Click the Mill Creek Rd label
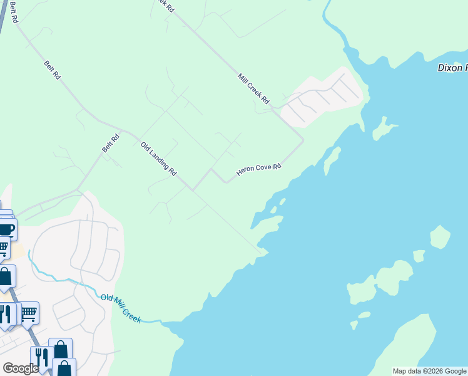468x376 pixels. pyautogui.click(x=253, y=88)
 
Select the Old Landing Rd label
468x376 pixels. pyautogui.click(x=159, y=159)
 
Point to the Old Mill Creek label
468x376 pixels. pyautogui.click(x=121, y=307)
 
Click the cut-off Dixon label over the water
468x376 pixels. pyautogui.click(x=452, y=68)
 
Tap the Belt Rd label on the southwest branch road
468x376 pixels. pyautogui.click(x=110, y=145)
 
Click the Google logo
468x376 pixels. pyautogui.click(x=20, y=368)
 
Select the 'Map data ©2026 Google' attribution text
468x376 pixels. pyautogui.click(x=430, y=371)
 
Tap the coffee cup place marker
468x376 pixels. pyautogui.click(x=6, y=229)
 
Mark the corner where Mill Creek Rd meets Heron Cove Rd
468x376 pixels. pyautogui.click(x=303, y=140)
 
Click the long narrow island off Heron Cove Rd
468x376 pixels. pyautogui.click(x=332, y=160)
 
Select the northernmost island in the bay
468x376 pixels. pyautogui.click(x=383, y=129)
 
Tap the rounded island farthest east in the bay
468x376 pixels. pyautogui.click(x=440, y=238)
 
